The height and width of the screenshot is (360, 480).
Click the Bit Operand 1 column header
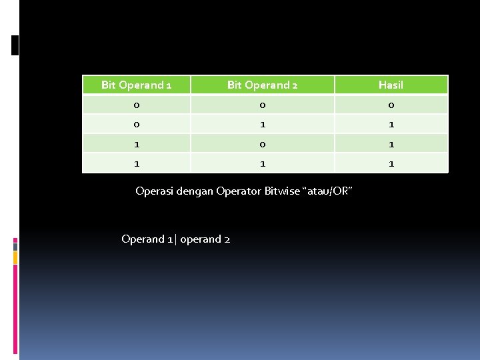136,85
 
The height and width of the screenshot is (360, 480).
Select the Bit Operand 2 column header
262,85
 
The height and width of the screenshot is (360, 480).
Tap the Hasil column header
391,85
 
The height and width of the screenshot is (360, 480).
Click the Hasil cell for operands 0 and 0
391,105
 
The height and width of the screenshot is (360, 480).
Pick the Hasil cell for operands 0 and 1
391,124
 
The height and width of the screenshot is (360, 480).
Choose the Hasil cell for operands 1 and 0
391,143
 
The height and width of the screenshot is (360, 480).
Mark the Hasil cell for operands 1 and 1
391,163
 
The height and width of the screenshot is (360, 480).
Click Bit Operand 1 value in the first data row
136,105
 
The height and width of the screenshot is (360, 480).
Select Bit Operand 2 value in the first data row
262,105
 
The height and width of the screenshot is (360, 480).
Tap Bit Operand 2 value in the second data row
262,124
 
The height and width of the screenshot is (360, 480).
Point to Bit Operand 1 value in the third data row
136,143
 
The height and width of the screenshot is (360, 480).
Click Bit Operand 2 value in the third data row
262,143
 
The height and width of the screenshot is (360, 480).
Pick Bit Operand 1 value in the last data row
136,163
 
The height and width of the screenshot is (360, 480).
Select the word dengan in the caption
193,191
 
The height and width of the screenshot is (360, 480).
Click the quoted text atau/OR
327,191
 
